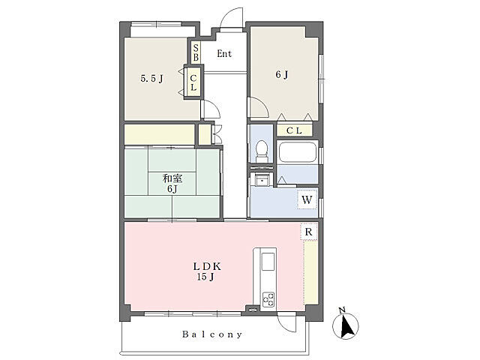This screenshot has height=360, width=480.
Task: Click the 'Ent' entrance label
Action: tap(224, 54)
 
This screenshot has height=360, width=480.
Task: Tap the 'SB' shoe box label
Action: tap(196, 52)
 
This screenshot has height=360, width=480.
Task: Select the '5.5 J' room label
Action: tap(151, 79)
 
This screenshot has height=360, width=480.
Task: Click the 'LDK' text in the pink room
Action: tap(207, 266)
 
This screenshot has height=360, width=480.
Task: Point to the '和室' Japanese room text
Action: tap(172, 178)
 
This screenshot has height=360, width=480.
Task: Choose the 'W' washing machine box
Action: tap(307, 199)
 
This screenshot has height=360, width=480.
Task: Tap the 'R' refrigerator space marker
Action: tap(308, 232)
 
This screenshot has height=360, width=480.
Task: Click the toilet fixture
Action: tap(262, 151)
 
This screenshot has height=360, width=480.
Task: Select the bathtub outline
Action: tap(297, 152)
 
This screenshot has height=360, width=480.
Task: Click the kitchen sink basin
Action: tap(268, 262)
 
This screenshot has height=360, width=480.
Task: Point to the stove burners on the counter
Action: tap(268, 299)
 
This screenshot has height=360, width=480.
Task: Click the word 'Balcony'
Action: tap(212, 334)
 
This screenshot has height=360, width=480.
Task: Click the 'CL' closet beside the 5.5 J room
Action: tap(193, 82)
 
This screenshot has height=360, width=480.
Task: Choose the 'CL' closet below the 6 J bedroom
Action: tap(294, 130)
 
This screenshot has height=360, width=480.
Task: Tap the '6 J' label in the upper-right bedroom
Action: tap(282, 74)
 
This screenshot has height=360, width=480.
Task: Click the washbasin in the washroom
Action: tap(262, 179)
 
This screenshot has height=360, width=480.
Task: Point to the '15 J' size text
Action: tap(205, 277)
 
